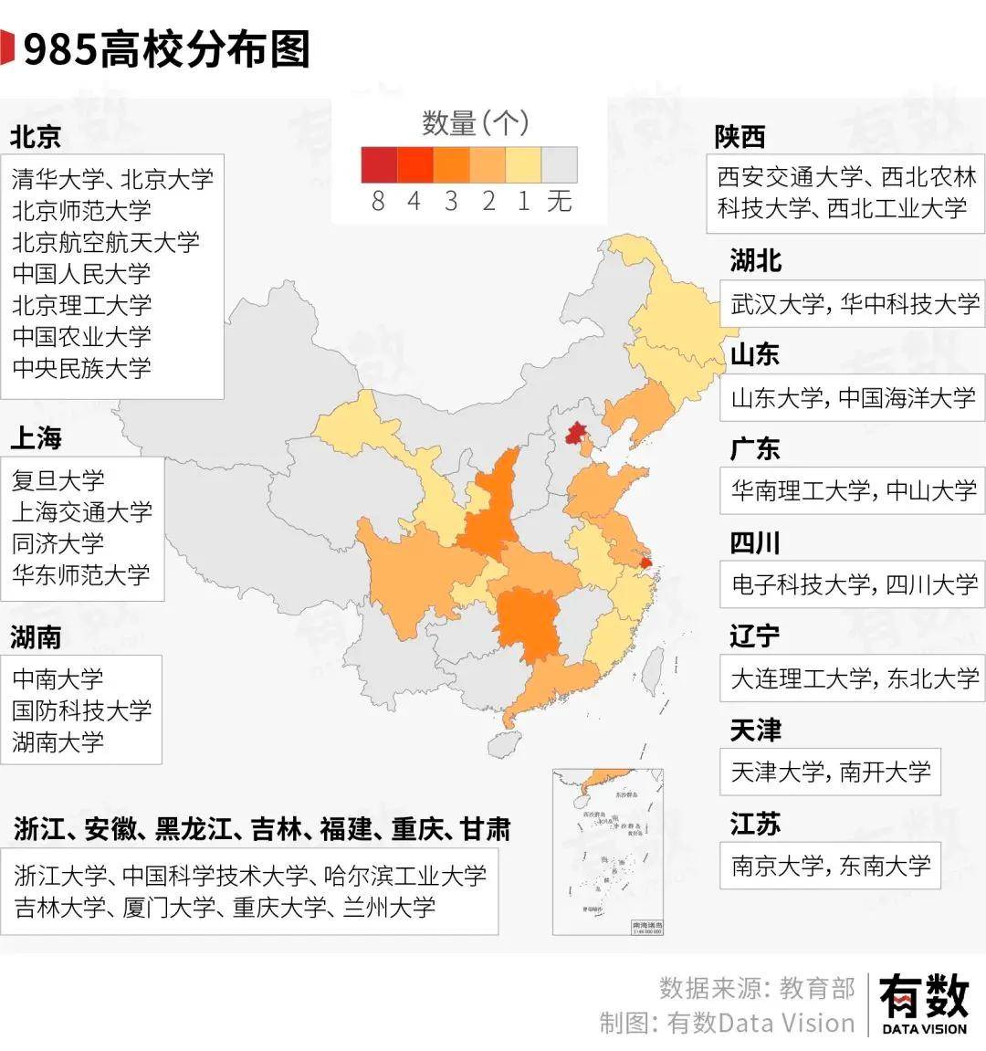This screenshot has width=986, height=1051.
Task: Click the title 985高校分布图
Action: tap(166, 49)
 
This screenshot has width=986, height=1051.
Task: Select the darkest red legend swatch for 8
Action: tap(379, 165)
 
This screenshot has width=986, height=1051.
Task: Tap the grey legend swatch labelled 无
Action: tap(560, 165)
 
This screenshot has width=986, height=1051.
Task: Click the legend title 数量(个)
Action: tap(475, 122)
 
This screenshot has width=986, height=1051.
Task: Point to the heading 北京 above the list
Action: tap(36, 137)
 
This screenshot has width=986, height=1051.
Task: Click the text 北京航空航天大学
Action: tap(106, 242)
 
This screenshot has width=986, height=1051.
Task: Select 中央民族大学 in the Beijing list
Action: tap(82, 368)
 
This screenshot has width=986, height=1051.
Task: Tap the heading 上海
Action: tap(36, 438)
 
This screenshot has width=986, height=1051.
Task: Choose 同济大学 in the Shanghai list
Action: tap(58, 543)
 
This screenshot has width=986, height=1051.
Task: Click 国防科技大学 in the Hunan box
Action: tap(82, 710)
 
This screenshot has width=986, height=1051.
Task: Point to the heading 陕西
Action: tap(739, 137)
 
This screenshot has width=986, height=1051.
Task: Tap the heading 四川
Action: tap(755, 543)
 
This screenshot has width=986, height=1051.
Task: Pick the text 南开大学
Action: tap(885, 772)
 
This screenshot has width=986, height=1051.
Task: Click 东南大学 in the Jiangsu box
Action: tap(885, 866)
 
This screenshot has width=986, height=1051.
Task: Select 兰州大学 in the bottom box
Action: tap(389, 908)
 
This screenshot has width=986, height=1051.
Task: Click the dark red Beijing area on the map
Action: tap(575, 433)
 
